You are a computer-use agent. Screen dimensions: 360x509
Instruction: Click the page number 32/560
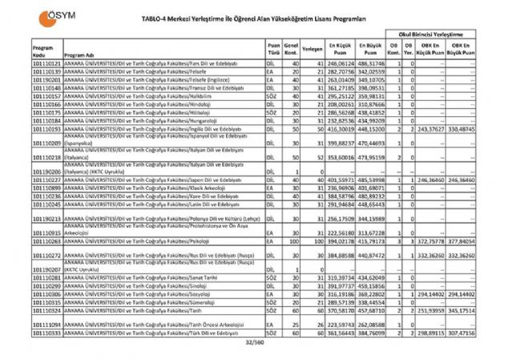coord(254,343)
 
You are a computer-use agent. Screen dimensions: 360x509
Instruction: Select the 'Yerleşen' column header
coord(313,48)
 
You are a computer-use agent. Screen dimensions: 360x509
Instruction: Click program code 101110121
coord(47,62)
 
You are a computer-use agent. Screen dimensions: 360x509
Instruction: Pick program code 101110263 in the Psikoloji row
coord(47,240)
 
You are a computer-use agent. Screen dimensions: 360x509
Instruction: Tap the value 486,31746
coord(373,62)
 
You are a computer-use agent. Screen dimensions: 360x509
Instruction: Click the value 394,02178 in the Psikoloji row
coord(340,240)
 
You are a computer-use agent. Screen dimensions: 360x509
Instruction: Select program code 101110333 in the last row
coord(47,332)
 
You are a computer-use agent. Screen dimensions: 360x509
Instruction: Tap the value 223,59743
coord(340,322)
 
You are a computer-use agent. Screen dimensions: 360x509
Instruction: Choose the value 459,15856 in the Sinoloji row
coord(373,285)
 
